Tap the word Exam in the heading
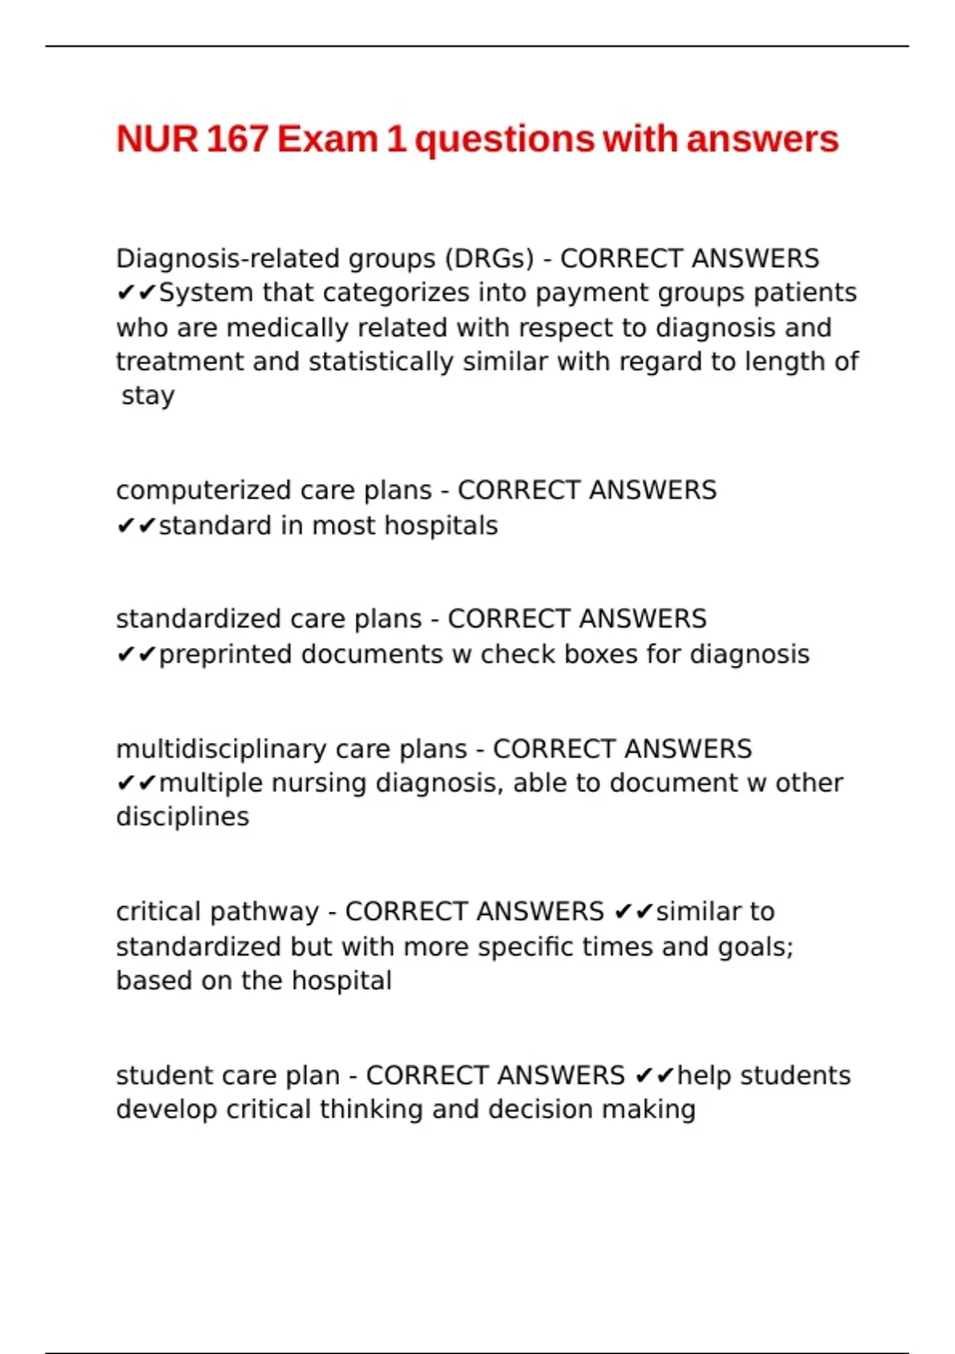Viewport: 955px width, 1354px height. click(327, 139)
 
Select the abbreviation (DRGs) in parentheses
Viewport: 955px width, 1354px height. click(489, 259)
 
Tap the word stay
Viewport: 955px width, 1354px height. click(148, 396)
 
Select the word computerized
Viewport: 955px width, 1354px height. click(193, 491)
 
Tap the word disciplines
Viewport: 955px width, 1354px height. click(182, 817)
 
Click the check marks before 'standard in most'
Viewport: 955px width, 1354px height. click(136, 526)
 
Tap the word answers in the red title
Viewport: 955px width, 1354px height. click(762, 139)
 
